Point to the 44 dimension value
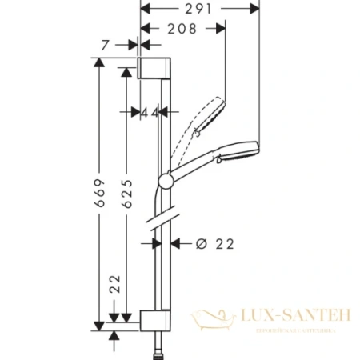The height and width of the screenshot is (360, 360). [x=149, y=114]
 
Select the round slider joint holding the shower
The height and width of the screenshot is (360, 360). [x=165, y=181]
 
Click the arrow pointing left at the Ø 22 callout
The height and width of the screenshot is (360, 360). [x=178, y=243]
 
